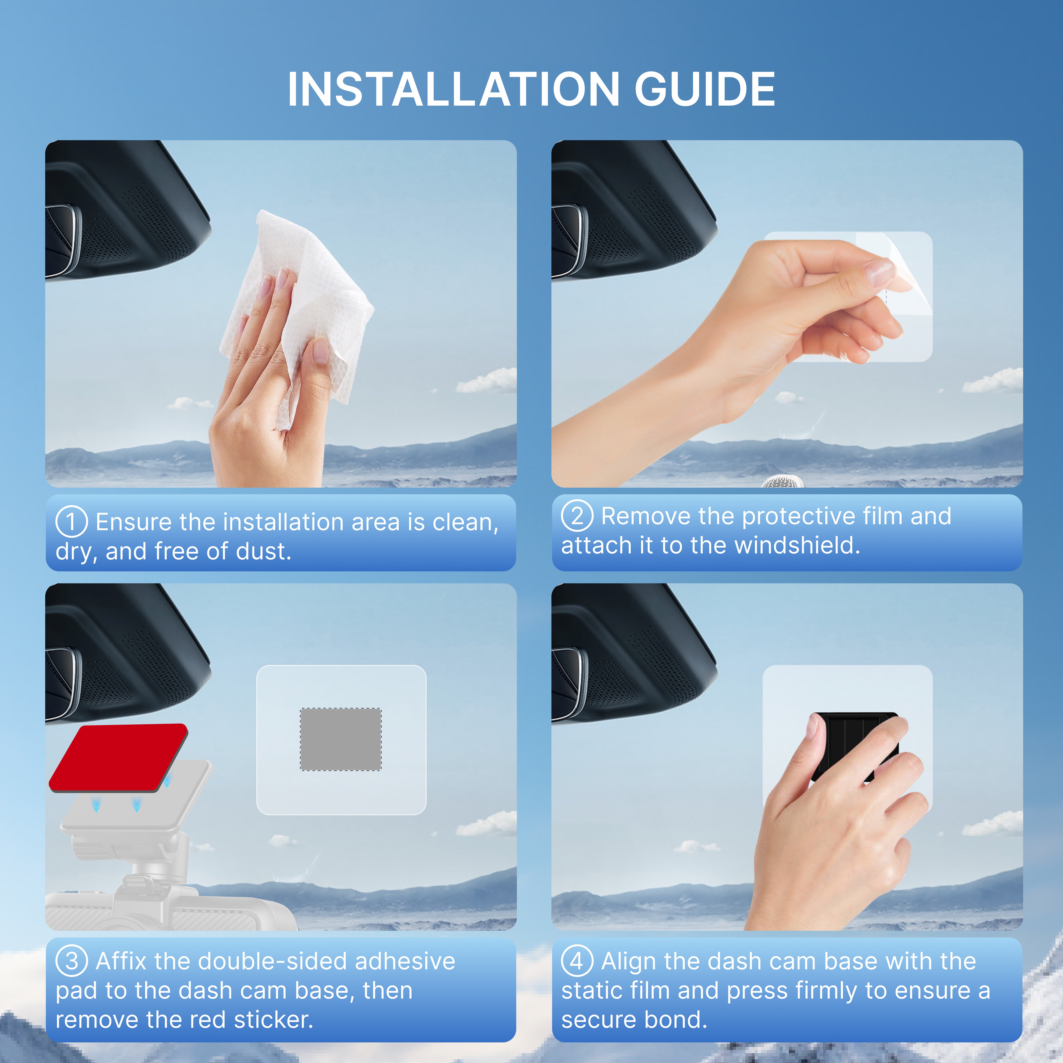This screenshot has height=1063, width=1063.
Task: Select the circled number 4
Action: pos(577,961)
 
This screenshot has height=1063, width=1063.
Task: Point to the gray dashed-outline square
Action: pos(341,739)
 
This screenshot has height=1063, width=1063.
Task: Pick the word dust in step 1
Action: pos(263,551)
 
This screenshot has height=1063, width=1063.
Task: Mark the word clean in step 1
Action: pos(465,522)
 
